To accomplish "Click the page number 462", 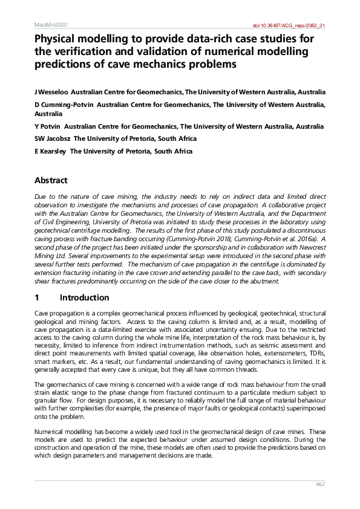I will coord(321,484).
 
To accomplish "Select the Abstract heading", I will coord(51,180).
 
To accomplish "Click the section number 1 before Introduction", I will coord(38,298).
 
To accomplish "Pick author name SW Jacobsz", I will coord(53,139).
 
